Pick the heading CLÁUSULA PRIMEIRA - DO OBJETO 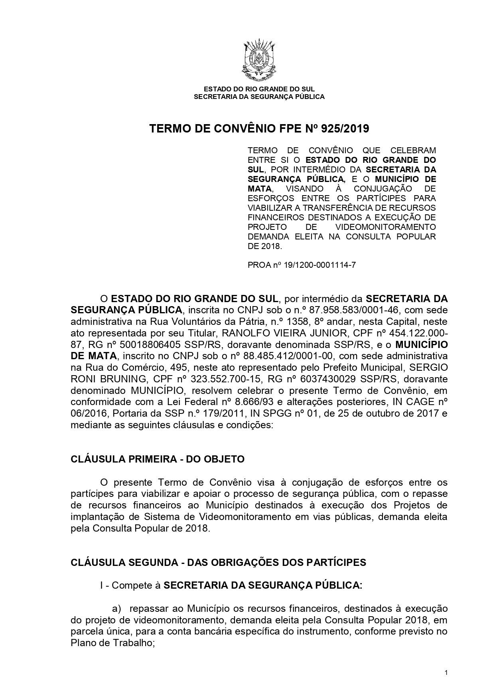pyautogui.click(x=158, y=459)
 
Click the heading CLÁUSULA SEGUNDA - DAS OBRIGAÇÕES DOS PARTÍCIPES pyautogui.click(x=218, y=562)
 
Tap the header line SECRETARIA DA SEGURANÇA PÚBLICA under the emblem pyautogui.click(x=259, y=97)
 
